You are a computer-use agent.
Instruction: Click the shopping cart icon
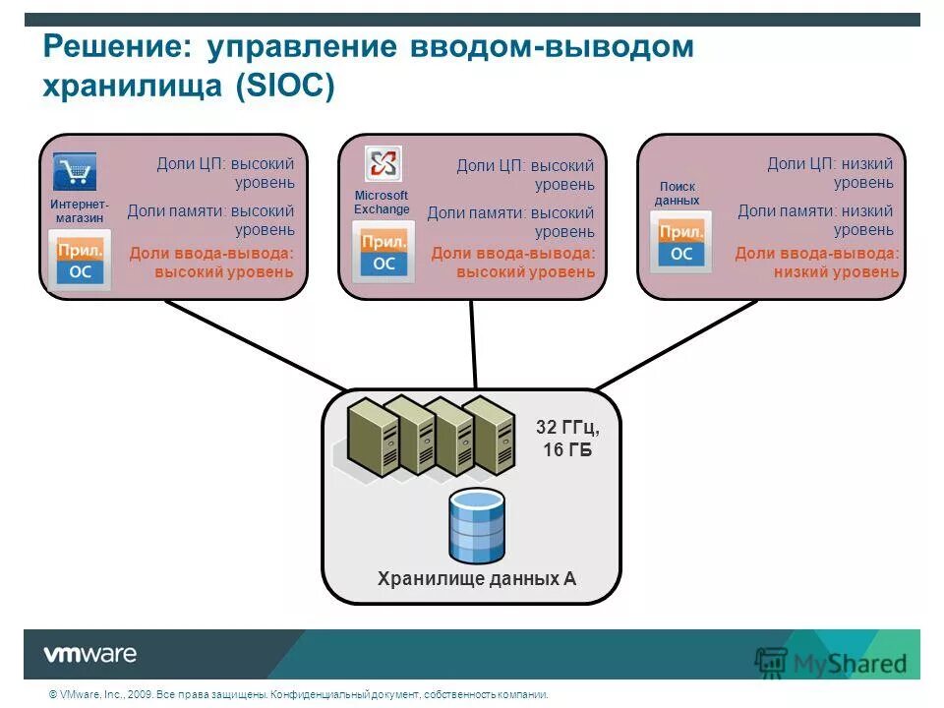coord(75,172)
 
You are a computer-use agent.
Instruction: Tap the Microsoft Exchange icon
coord(382,163)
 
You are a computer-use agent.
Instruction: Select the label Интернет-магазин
coord(80,210)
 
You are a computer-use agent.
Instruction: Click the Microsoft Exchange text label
coord(382,203)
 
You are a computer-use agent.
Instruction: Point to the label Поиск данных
coord(677,194)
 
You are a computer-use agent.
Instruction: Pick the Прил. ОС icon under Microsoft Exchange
coord(383,252)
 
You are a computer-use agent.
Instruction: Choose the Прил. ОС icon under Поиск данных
coord(680,243)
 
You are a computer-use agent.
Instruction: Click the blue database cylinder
coord(476,524)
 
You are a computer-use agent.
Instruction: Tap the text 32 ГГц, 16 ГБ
coord(567,439)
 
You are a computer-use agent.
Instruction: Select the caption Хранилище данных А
coord(477,579)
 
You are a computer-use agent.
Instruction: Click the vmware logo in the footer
coord(89,654)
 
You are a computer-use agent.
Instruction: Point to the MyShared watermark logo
coord(831,662)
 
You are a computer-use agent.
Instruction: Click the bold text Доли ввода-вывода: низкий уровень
coord(816,263)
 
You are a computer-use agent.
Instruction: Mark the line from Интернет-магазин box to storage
coord(256,344)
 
